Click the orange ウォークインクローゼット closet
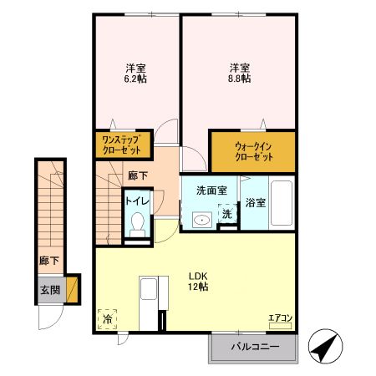click(x=252, y=150)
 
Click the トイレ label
click(x=137, y=201)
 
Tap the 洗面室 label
click(x=210, y=190)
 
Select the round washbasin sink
click(x=201, y=221)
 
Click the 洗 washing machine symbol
click(x=226, y=214)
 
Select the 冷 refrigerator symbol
click(x=107, y=318)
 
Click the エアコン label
click(x=279, y=318)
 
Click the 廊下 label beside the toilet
click(x=138, y=176)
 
